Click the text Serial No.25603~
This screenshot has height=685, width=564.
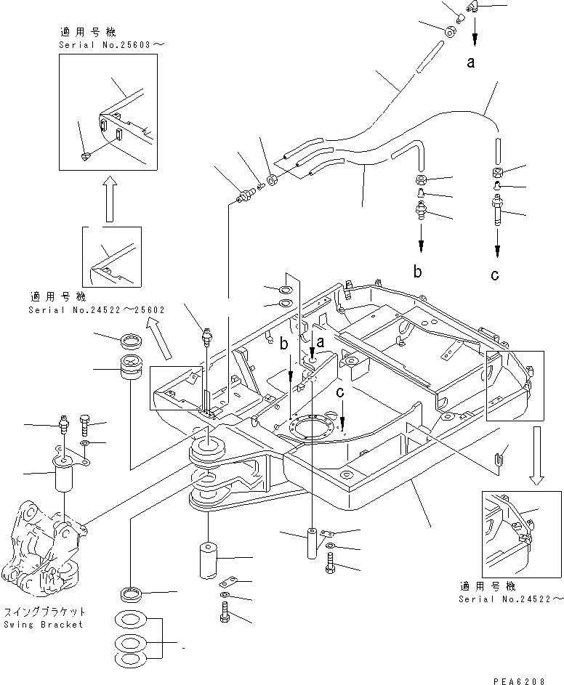coord(112,45)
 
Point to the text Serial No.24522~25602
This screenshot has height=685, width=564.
coord(97,309)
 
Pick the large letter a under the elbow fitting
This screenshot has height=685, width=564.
coord(471,62)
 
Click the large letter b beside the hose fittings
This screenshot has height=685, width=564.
coord(418,272)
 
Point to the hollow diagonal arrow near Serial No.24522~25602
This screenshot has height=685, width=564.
coord(159,341)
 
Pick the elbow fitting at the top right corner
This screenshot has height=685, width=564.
coord(476,7)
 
